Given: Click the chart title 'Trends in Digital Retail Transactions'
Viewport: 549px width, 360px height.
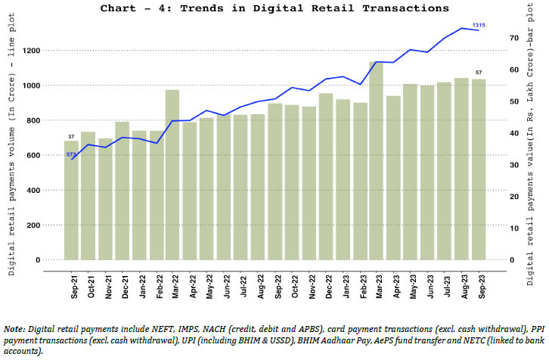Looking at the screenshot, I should [x=274, y=8].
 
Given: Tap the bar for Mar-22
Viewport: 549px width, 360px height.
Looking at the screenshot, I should [x=172, y=175].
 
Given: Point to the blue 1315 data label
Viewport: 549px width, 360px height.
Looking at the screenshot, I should [x=479, y=25].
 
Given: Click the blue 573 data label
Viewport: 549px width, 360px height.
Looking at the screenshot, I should [x=71, y=154].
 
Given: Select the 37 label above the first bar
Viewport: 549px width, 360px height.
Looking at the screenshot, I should [x=71, y=136].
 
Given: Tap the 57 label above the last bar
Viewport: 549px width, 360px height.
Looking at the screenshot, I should [x=479, y=73].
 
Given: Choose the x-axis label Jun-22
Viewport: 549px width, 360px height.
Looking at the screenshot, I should [x=224, y=280].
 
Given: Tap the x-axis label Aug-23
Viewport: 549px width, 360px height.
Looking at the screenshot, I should [x=461, y=280].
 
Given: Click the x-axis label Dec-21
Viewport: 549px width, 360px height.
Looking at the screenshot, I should [x=122, y=280].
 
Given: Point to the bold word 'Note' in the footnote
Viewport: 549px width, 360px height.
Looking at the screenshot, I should [x=14, y=330].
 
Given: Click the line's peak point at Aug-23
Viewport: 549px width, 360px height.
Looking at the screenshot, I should [x=461, y=28].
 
